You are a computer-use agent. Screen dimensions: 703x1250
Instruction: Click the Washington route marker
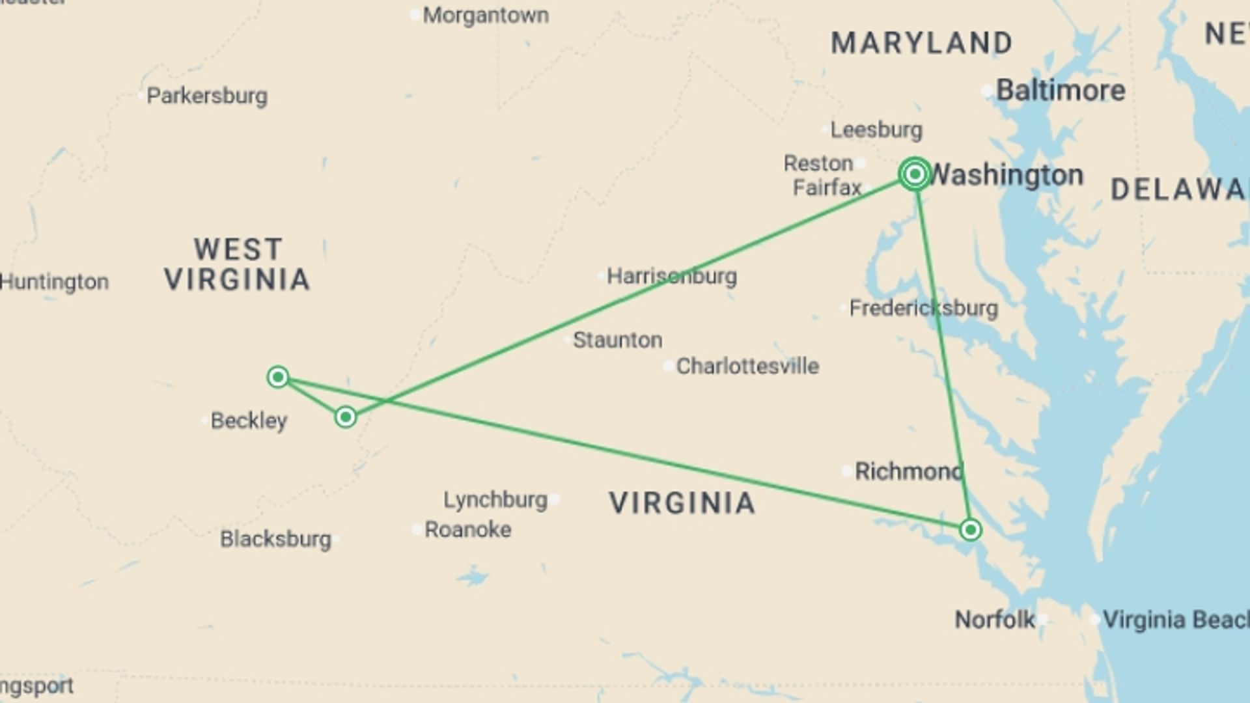[x=915, y=174]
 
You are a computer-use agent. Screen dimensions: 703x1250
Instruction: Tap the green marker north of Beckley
[x=278, y=377]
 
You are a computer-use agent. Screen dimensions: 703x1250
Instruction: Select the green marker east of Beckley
[x=346, y=417]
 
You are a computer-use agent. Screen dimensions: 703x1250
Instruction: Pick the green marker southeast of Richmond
[x=970, y=530]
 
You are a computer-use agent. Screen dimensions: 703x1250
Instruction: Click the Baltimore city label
[x=1060, y=90]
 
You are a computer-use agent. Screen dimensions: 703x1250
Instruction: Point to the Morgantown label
[x=485, y=15]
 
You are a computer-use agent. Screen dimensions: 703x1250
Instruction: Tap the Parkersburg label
[x=206, y=96]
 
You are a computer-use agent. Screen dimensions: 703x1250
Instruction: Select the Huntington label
[x=54, y=282]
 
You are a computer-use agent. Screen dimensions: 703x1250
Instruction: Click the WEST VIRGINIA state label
[x=237, y=264]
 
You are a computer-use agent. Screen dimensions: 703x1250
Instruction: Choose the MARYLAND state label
[x=921, y=43]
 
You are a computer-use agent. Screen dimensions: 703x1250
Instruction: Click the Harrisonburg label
[x=671, y=276]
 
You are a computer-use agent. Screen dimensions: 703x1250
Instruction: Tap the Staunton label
[x=617, y=340]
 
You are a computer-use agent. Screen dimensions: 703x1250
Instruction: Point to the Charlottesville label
[x=747, y=366]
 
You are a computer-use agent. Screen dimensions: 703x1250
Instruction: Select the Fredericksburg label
[x=923, y=308]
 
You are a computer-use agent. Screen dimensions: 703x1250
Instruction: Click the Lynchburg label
[x=495, y=500]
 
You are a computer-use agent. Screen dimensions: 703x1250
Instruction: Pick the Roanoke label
[x=467, y=530]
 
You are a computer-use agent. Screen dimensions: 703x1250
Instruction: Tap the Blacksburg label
[x=275, y=539]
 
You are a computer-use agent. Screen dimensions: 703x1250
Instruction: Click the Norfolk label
[x=994, y=620]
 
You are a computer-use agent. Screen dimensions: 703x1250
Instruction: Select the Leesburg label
[x=876, y=130]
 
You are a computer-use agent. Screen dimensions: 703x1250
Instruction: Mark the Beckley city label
[x=249, y=420]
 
